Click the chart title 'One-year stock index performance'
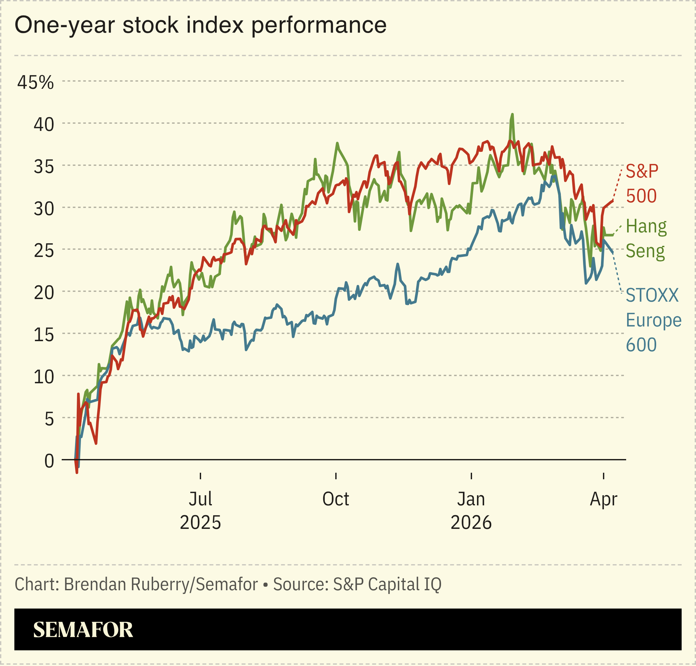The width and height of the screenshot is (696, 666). (x=200, y=25)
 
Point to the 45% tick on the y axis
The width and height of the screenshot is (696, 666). (x=36, y=82)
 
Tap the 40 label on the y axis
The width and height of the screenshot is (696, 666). (x=44, y=125)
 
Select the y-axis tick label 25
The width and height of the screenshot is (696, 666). (x=44, y=251)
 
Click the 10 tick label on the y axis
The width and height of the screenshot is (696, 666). (x=44, y=377)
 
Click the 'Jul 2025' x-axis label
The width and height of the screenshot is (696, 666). (x=200, y=511)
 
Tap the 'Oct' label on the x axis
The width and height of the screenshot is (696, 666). (x=336, y=499)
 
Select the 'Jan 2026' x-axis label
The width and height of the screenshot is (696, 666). (x=471, y=511)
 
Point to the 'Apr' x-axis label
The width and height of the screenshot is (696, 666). (x=603, y=499)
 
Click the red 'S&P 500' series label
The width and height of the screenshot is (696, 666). (x=642, y=183)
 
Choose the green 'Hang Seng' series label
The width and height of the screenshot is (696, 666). (x=646, y=239)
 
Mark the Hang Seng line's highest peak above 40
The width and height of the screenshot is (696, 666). (x=512, y=115)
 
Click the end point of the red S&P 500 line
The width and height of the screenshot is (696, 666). (x=613, y=201)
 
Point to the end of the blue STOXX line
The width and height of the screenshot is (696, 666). (x=613, y=253)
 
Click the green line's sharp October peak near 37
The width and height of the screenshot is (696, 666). (x=337, y=143)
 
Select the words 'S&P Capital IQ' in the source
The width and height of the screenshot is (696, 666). (x=387, y=584)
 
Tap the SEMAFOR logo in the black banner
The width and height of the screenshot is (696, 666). (x=83, y=630)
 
